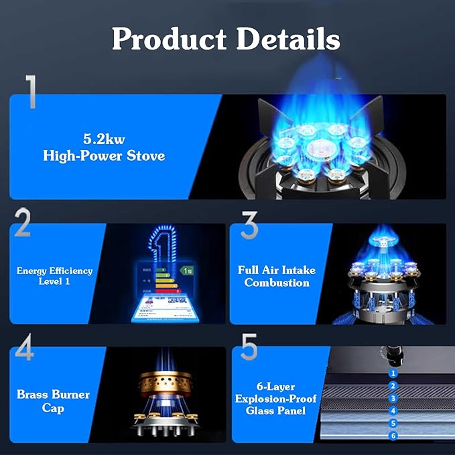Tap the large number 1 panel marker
tap(30, 92)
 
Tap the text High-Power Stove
tap(104, 155)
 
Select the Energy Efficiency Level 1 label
tap(55, 275)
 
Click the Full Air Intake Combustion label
tap(277, 276)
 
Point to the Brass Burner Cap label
tap(53, 401)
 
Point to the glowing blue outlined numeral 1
tap(161, 248)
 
